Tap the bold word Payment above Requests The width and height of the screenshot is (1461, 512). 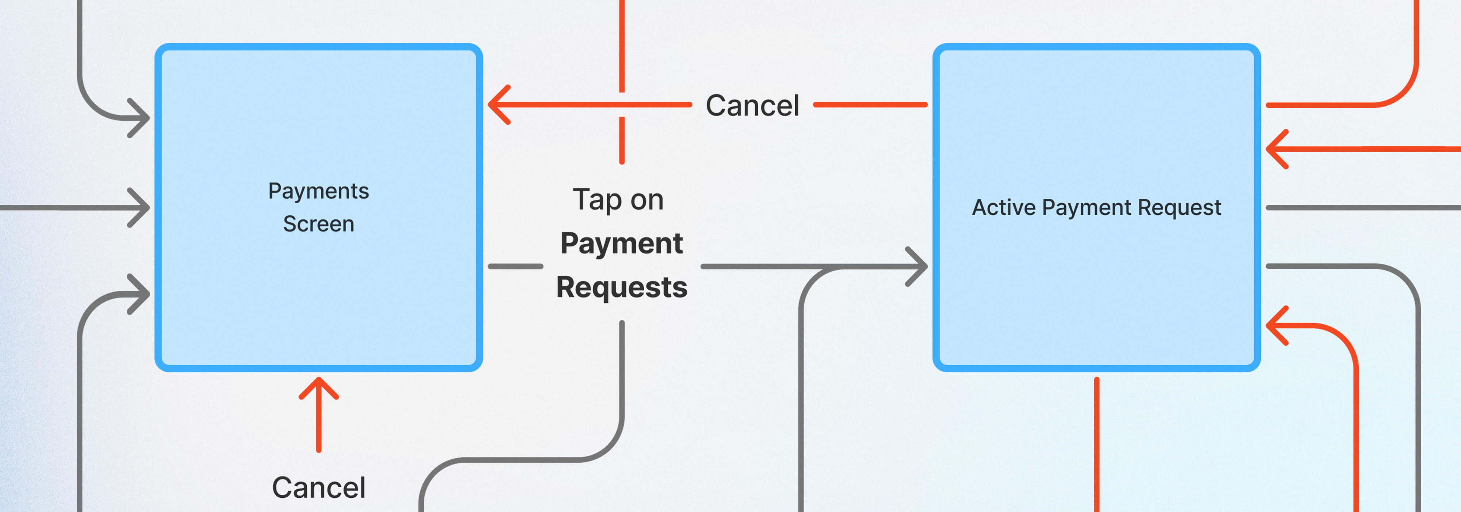622,244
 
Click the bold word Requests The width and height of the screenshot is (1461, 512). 622,287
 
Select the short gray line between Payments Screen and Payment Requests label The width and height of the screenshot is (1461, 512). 515,266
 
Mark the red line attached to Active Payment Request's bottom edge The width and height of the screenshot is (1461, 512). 1097,443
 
